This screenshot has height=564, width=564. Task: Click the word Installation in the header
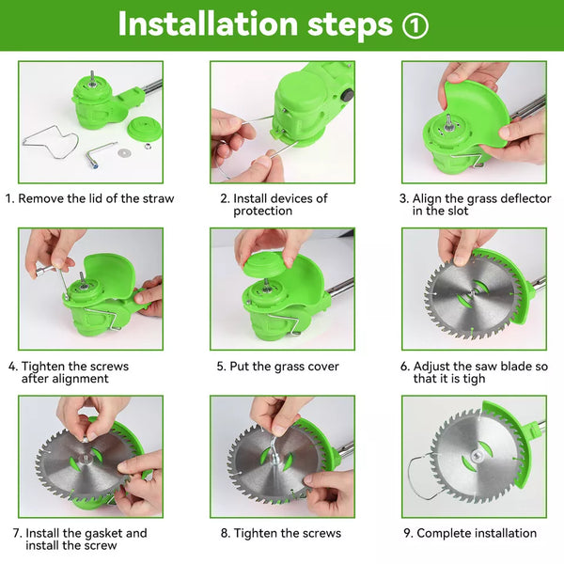pos(208,24)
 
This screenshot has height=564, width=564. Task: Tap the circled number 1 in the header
pos(415,25)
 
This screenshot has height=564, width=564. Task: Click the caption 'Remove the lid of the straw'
pos(89,198)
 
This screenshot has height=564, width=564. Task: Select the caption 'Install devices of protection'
pos(274,204)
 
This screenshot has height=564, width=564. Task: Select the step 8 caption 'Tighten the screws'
pos(281,533)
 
